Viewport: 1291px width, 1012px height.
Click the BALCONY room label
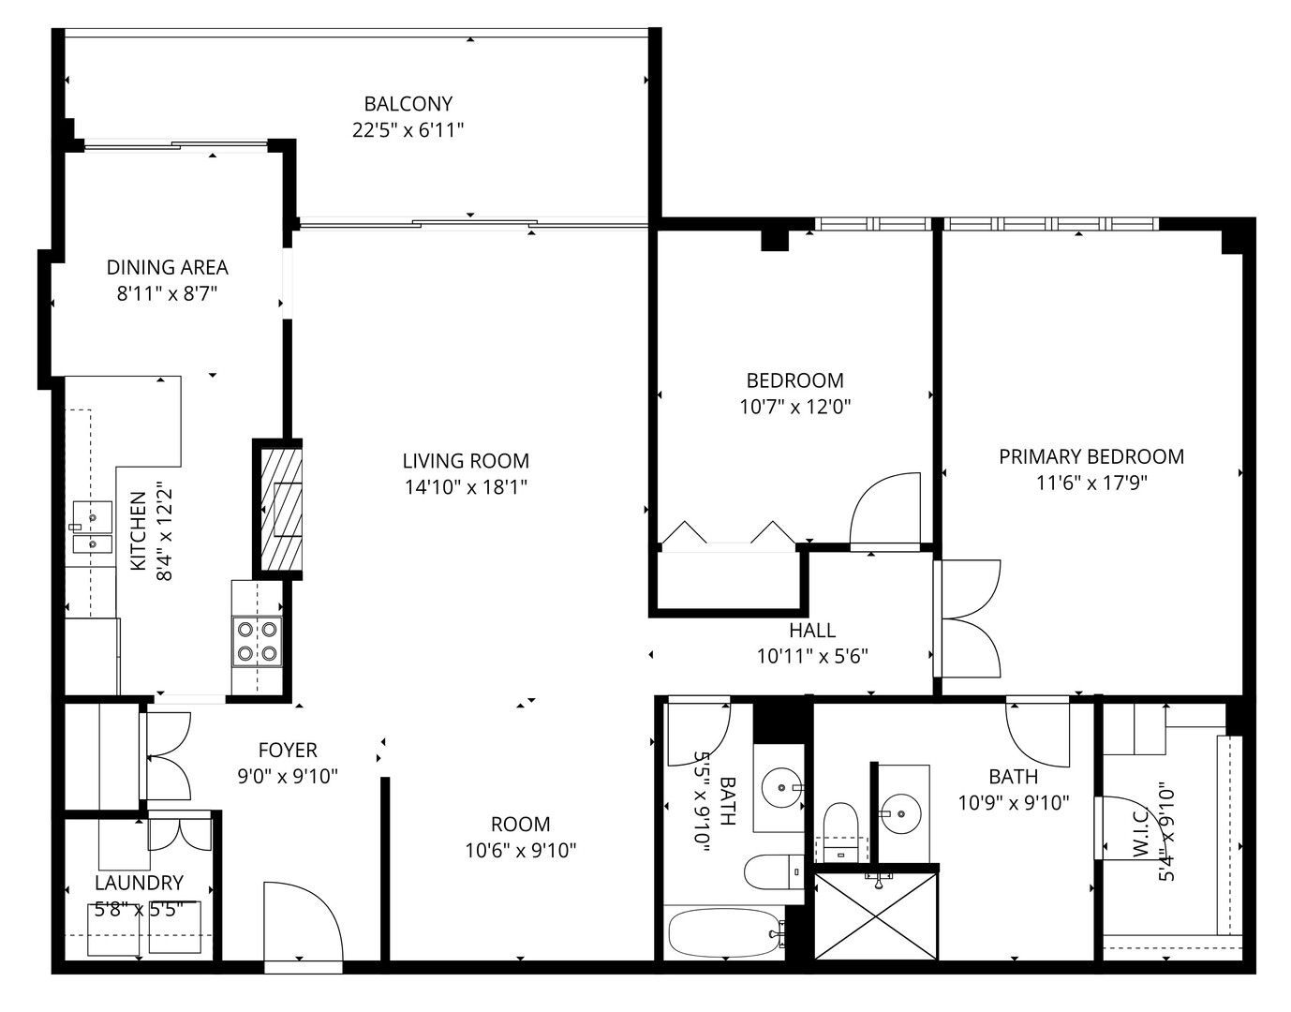pyautogui.click(x=408, y=104)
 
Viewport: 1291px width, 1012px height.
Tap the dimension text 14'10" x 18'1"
pyautogui.click(x=466, y=487)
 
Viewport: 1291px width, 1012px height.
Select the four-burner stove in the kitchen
pyautogui.click(x=258, y=641)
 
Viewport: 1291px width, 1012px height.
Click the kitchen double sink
pyautogui.click(x=92, y=528)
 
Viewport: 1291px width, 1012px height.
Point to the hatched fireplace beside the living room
pyautogui.click(x=278, y=509)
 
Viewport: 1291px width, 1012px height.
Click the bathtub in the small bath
pyautogui.click(x=724, y=932)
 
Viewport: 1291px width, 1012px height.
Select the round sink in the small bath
pyautogui.click(x=779, y=785)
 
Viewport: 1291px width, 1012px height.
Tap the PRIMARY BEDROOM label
pyautogui.click(x=1091, y=457)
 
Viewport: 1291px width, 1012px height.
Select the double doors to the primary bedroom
pyautogui.click(x=970, y=618)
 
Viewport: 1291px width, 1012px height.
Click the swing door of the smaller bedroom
pyautogui.click(x=884, y=511)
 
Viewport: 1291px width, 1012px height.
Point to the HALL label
pyautogui.click(x=811, y=631)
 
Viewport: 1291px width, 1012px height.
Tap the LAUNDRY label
pyautogui.click(x=139, y=883)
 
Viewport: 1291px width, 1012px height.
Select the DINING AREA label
pyautogui.click(x=167, y=268)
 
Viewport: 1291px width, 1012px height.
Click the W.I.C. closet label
pyautogui.click(x=1142, y=834)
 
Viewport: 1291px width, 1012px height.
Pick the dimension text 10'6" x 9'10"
pyautogui.click(x=520, y=851)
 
